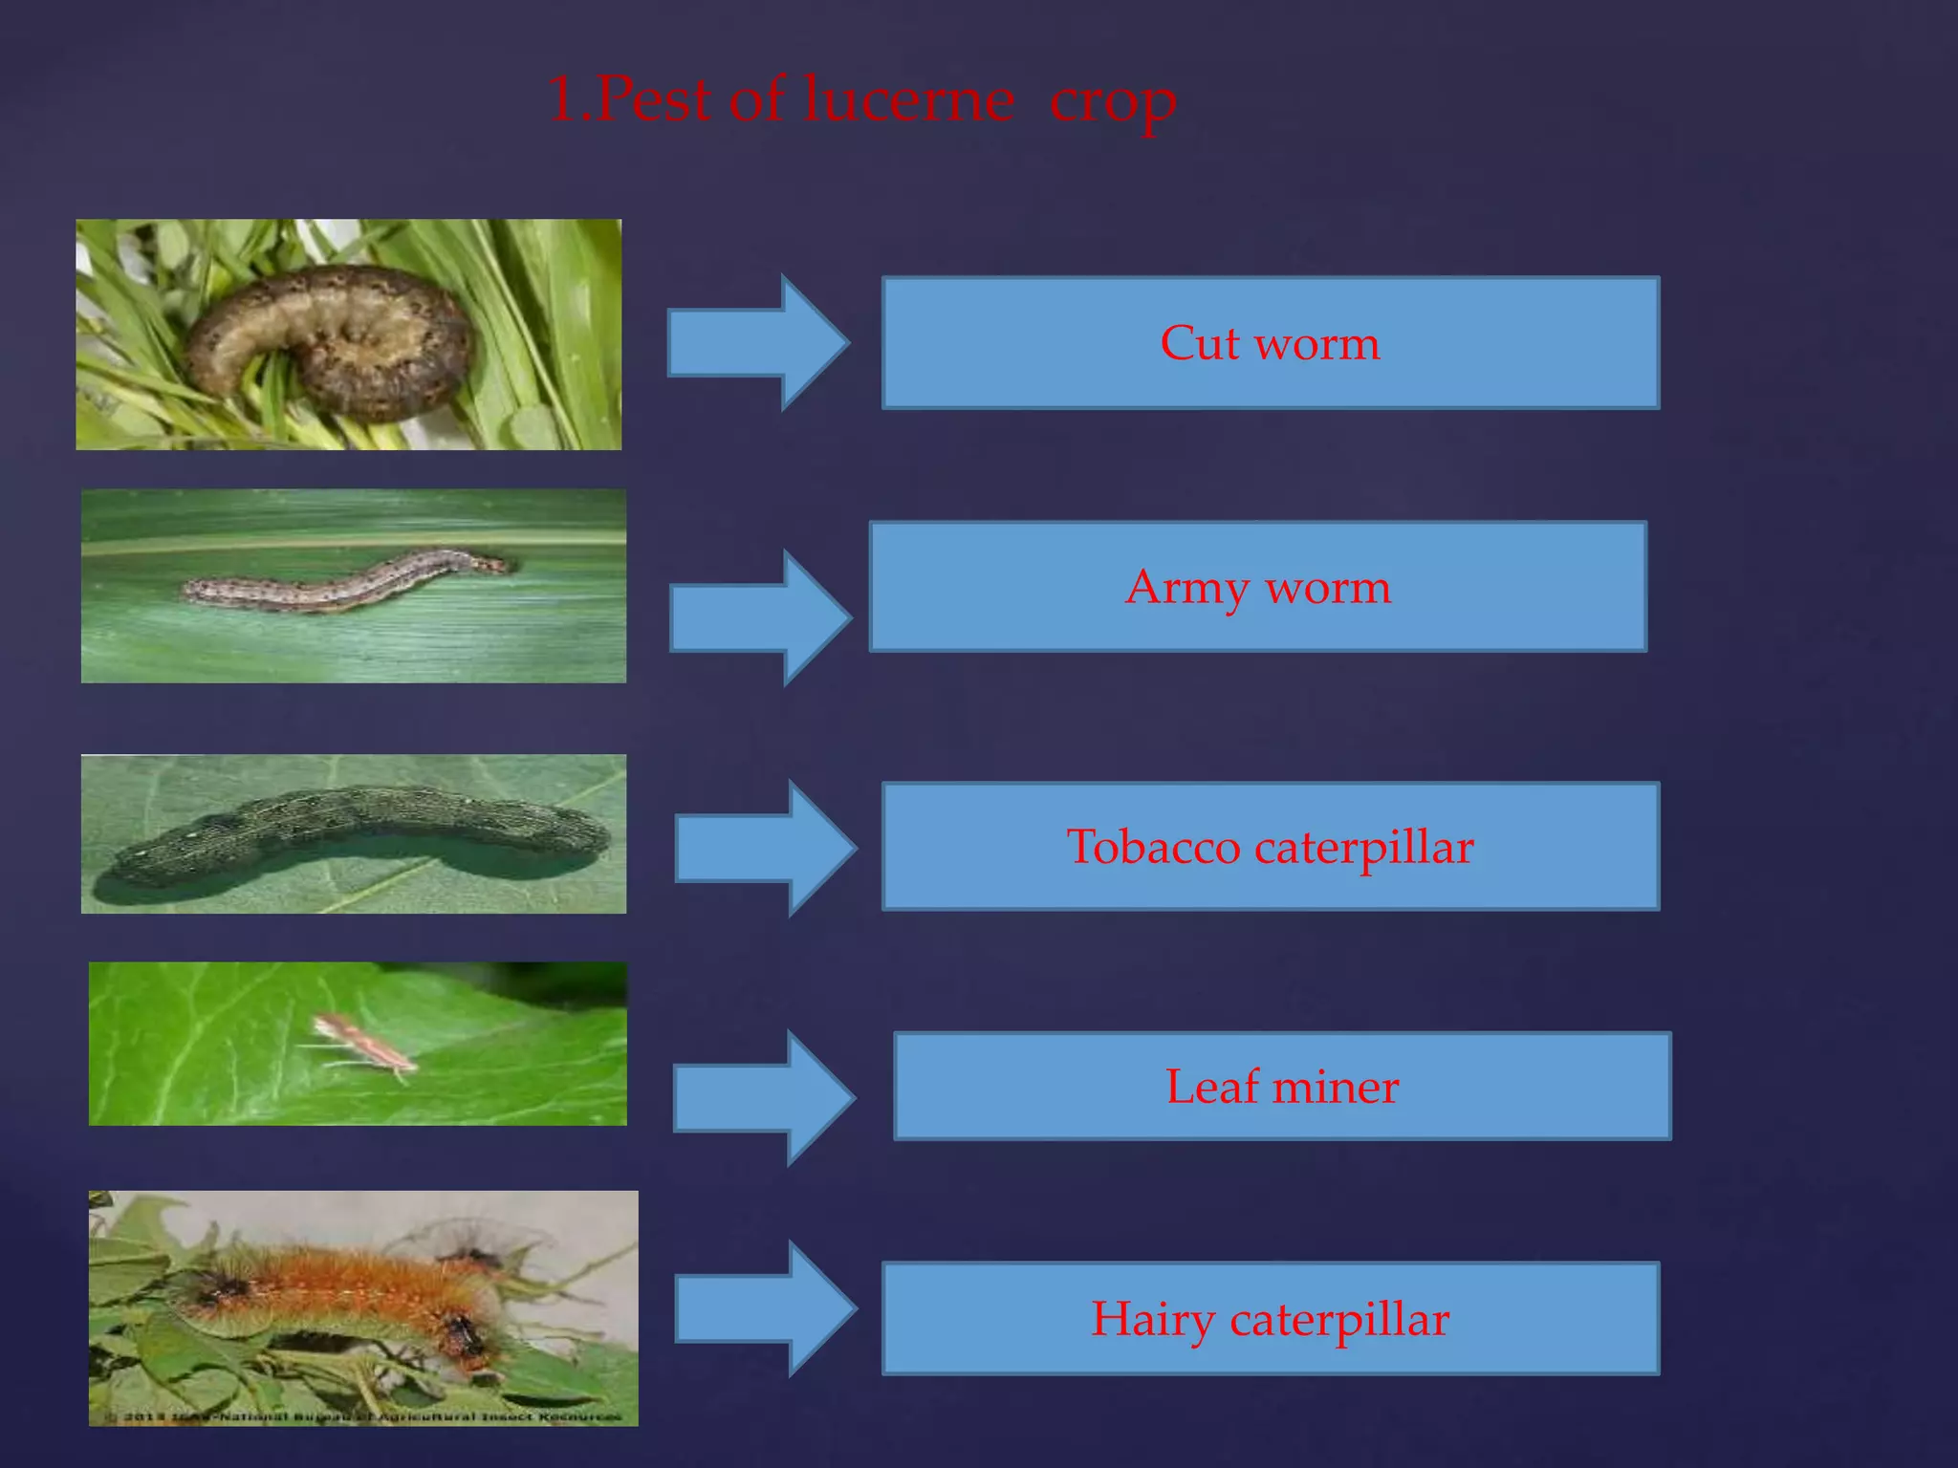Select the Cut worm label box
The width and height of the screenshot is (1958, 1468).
(1270, 343)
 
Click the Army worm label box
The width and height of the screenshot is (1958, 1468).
(1257, 587)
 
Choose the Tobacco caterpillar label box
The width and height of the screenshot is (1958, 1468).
(1270, 847)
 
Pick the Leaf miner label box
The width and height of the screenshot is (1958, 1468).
(1281, 1087)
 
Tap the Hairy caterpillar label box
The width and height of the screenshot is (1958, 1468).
(1270, 1319)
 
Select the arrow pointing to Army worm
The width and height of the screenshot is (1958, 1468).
(760, 617)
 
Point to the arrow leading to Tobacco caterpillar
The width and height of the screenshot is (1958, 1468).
(765, 848)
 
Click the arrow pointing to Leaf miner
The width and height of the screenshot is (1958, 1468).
(763, 1097)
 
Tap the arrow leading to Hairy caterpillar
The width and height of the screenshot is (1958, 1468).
(765, 1308)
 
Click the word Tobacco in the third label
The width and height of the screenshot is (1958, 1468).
(1153, 847)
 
